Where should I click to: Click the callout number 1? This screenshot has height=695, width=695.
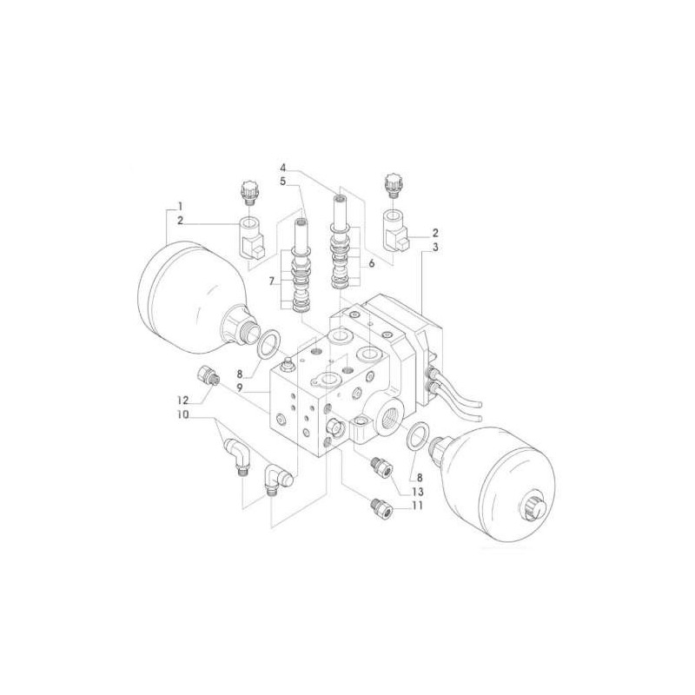click(180, 206)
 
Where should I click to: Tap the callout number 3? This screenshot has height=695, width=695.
click(435, 248)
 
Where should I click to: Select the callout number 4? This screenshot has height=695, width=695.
click(283, 168)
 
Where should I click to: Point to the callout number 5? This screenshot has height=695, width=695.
click(283, 182)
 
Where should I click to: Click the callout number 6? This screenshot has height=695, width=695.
click(372, 263)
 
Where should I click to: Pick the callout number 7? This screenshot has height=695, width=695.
click(272, 281)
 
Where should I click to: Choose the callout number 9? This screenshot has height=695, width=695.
click(240, 387)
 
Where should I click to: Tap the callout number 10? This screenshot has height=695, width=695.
click(182, 415)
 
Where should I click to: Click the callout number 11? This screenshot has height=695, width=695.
click(417, 506)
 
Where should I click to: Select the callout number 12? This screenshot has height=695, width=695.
click(183, 400)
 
